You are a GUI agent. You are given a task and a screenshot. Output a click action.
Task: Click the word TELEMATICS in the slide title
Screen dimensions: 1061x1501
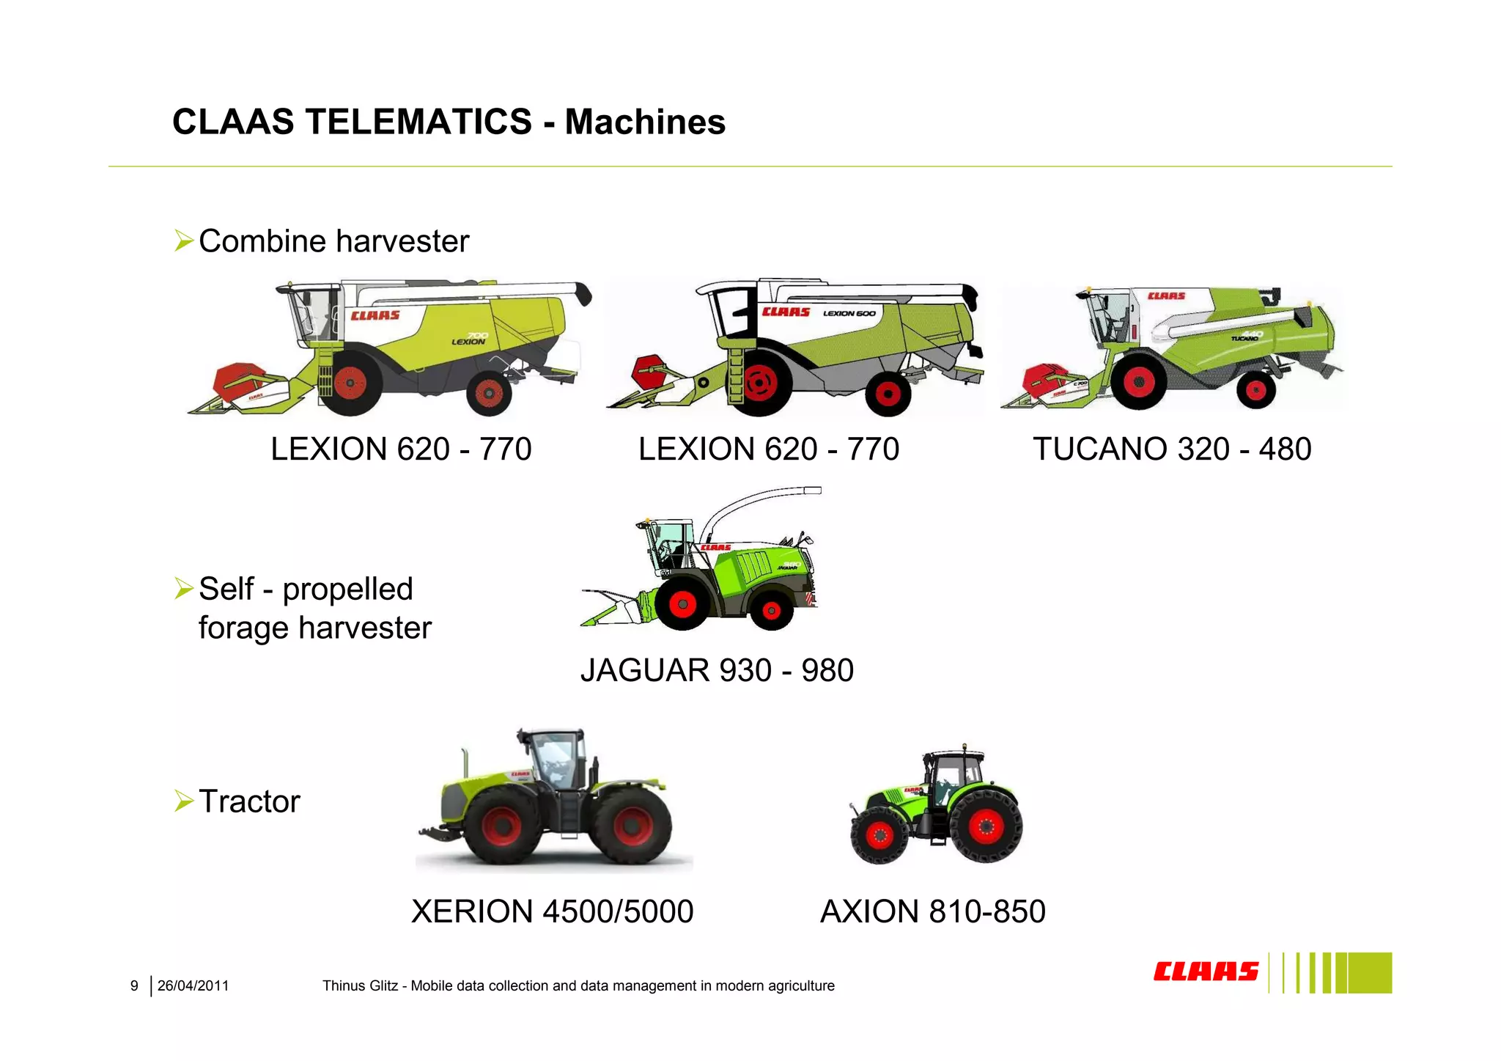click(418, 122)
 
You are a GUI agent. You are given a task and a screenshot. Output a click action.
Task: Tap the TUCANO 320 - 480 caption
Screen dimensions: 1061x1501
click(1171, 449)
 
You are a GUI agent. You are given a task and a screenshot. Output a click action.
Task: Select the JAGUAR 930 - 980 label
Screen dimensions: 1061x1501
click(717, 670)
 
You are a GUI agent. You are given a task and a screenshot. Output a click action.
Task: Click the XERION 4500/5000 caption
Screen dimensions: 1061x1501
click(552, 911)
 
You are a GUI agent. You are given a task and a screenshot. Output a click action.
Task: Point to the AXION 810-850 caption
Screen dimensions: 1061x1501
click(932, 911)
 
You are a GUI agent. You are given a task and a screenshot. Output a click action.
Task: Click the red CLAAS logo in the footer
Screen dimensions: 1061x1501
click(1206, 972)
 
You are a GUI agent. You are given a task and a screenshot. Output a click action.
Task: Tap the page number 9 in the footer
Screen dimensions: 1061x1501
click(134, 986)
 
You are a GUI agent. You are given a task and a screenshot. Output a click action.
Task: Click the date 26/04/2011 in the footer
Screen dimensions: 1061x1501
click(193, 986)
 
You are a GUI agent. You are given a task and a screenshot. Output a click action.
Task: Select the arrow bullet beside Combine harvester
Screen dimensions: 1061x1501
click(183, 241)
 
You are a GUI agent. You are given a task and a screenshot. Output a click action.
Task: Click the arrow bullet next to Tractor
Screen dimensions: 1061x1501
click(183, 801)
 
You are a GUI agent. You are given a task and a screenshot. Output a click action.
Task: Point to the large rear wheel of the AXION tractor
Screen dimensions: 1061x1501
click(986, 826)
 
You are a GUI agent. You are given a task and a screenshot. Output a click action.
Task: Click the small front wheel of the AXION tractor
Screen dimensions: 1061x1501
click(879, 836)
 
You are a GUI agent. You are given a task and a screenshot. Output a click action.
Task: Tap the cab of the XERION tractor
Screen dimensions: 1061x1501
click(556, 759)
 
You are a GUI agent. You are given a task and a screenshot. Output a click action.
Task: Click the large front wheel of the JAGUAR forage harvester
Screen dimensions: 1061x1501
click(682, 604)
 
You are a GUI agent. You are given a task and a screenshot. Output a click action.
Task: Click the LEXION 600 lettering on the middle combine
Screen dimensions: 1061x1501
click(849, 313)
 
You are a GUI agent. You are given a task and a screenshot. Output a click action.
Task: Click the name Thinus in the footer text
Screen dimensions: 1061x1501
click(342, 986)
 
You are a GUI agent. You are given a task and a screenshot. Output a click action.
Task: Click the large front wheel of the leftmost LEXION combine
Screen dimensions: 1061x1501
click(350, 383)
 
